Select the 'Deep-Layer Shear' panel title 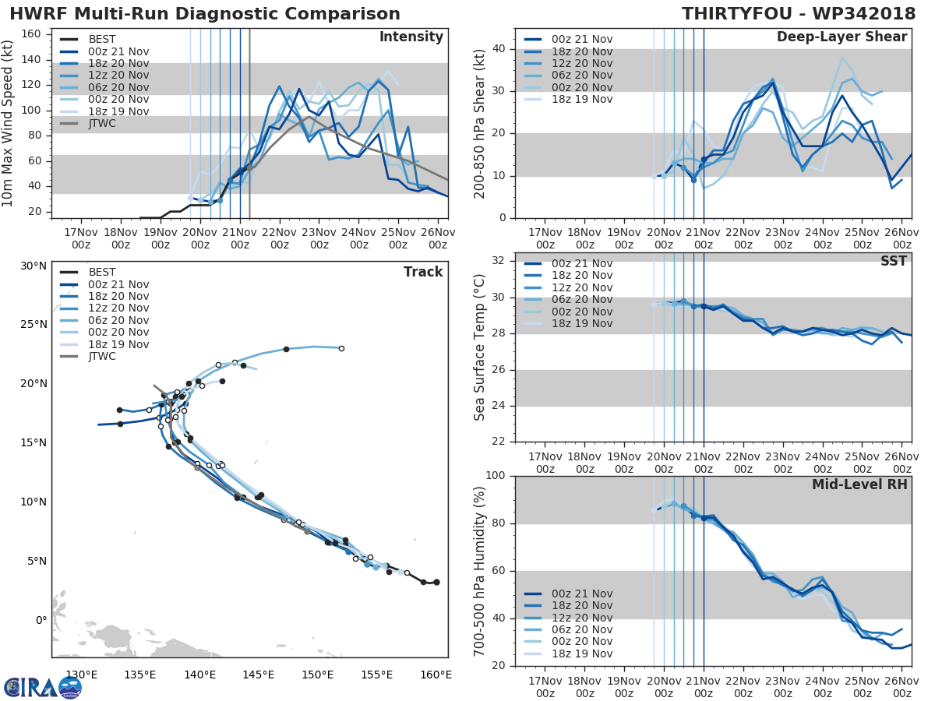[x=841, y=37]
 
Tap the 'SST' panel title [x=894, y=261]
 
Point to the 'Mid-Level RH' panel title [x=859, y=484]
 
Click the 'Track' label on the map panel [x=423, y=272]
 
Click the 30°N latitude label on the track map [x=34, y=266]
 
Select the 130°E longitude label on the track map [x=81, y=675]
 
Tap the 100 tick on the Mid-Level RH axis [x=497, y=476]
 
